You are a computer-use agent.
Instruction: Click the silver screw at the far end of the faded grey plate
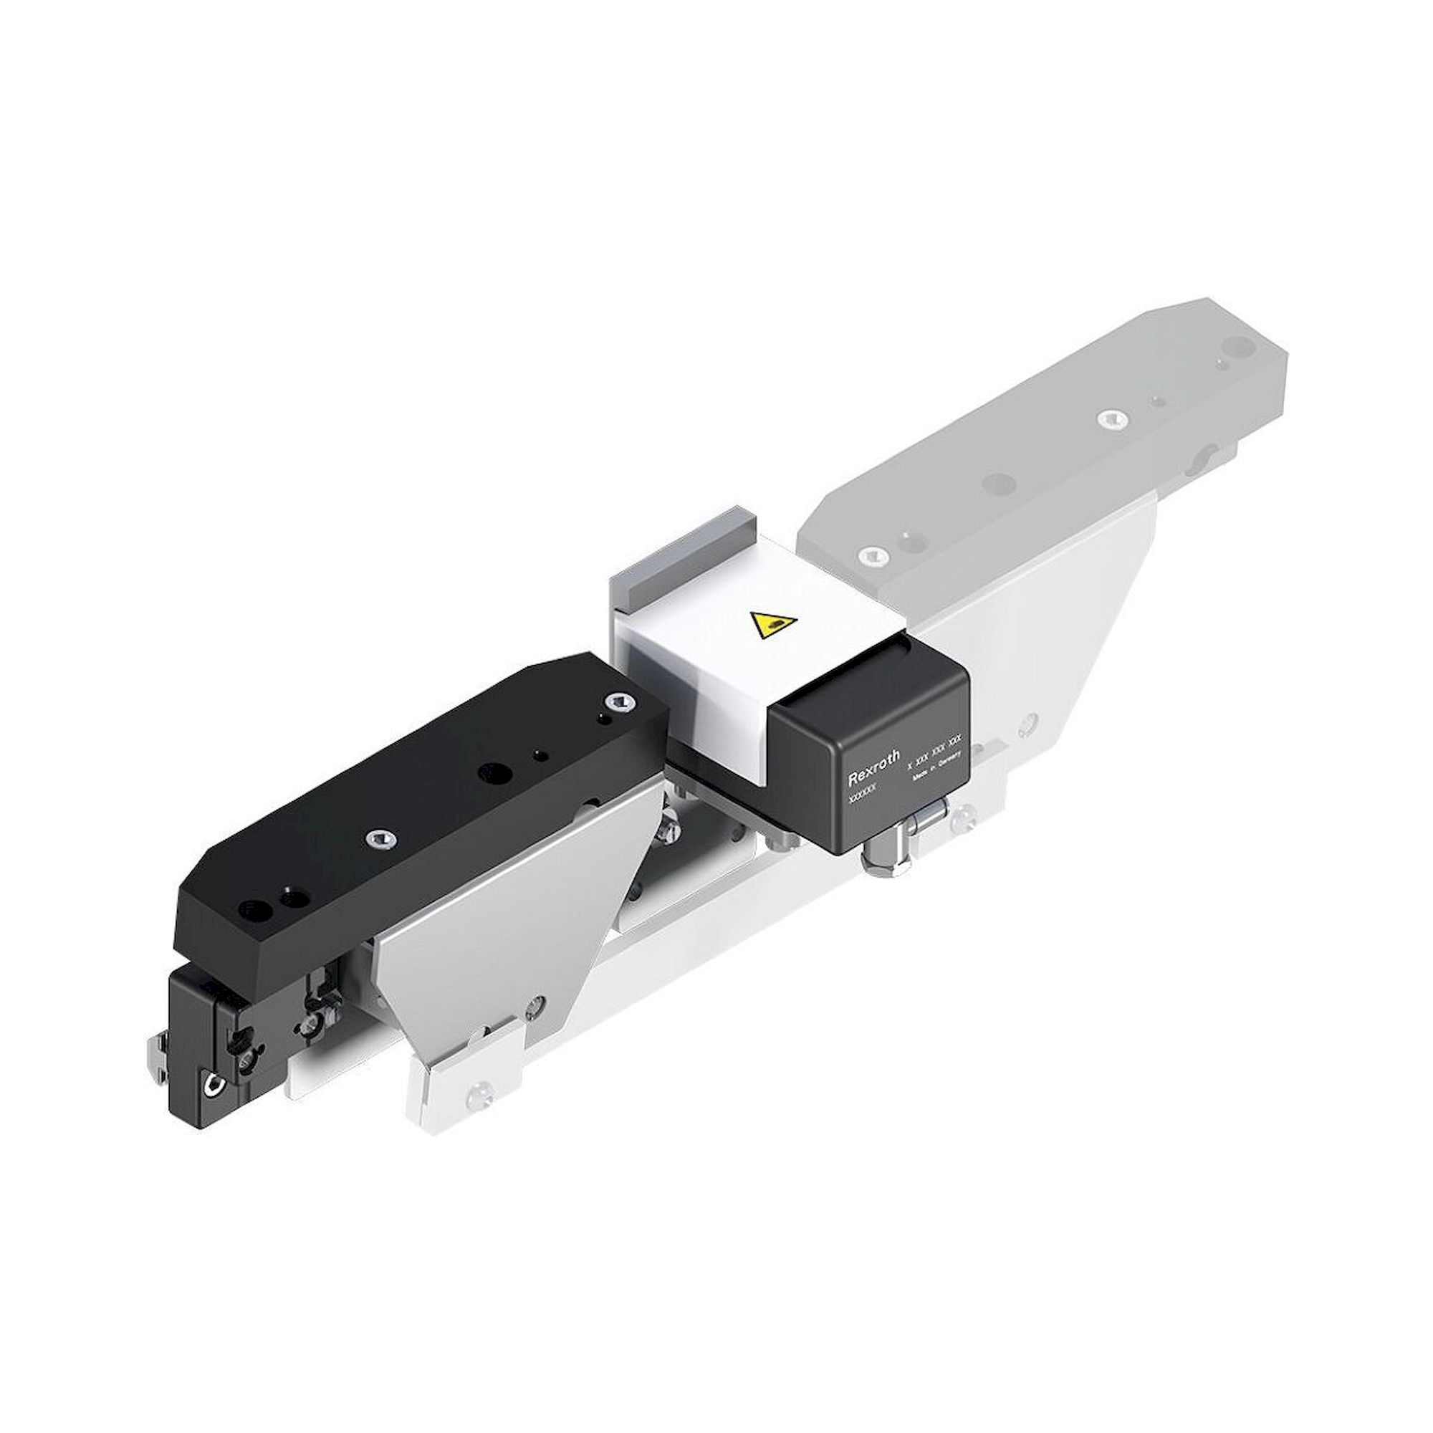[1110, 418]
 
